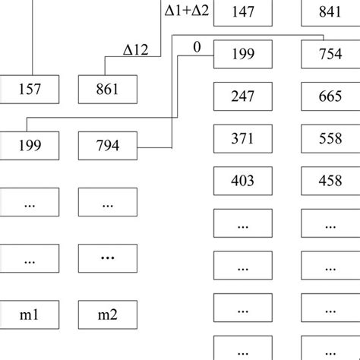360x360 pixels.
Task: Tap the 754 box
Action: (331, 55)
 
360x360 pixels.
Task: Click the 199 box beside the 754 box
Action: (244, 55)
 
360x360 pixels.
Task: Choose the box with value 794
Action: (108, 145)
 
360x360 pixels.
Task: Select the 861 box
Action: (108, 90)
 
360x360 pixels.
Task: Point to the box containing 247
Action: (244, 97)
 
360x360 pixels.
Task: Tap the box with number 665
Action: (331, 97)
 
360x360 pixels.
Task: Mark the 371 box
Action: (244, 139)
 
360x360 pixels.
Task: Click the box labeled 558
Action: (331, 139)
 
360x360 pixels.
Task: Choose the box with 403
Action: (244, 181)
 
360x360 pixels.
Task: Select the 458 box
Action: (331, 181)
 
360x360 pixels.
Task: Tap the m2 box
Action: (108, 314)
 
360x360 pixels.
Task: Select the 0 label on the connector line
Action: (197, 47)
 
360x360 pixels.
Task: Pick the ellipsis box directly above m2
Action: (108, 258)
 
